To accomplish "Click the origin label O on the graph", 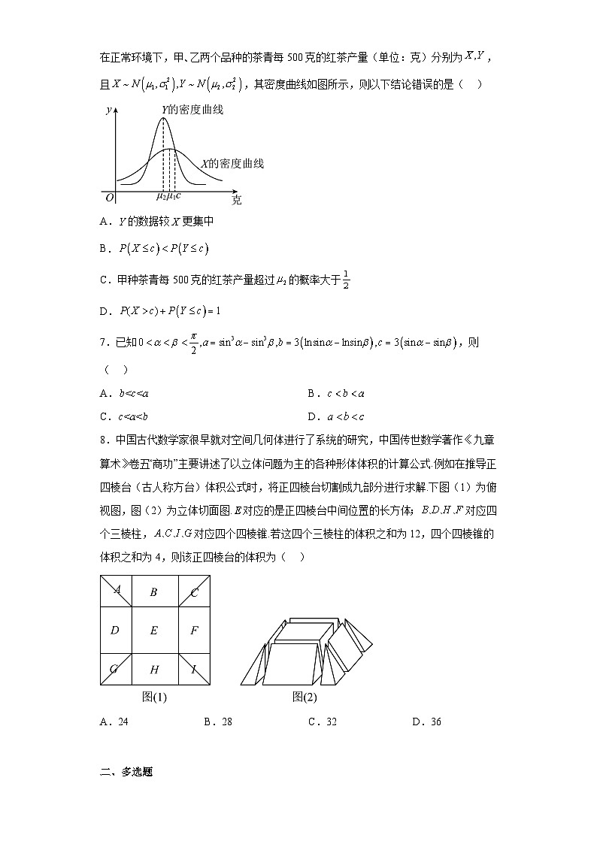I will pyautogui.click(x=109, y=198).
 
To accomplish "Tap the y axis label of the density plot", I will pyautogui.click(x=109, y=110).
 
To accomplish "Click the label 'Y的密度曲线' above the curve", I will pyautogui.click(x=192, y=110).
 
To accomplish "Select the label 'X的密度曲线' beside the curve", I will pyautogui.click(x=232, y=163).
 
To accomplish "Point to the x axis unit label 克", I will pyautogui.click(x=237, y=200).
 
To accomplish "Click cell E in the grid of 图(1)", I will pyautogui.click(x=154, y=631).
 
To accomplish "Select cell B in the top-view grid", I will pyautogui.click(x=153, y=592).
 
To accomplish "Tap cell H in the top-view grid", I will pyautogui.click(x=154, y=670).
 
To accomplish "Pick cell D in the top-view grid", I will pyautogui.click(x=114, y=631).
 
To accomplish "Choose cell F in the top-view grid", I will pyautogui.click(x=194, y=631).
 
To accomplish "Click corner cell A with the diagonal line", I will pyautogui.click(x=117, y=590).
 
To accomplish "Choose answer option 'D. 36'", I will pyautogui.click(x=426, y=722).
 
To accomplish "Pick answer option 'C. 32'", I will pyautogui.click(x=322, y=722).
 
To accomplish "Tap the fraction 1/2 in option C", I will pyautogui.click(x=346, y=279).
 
